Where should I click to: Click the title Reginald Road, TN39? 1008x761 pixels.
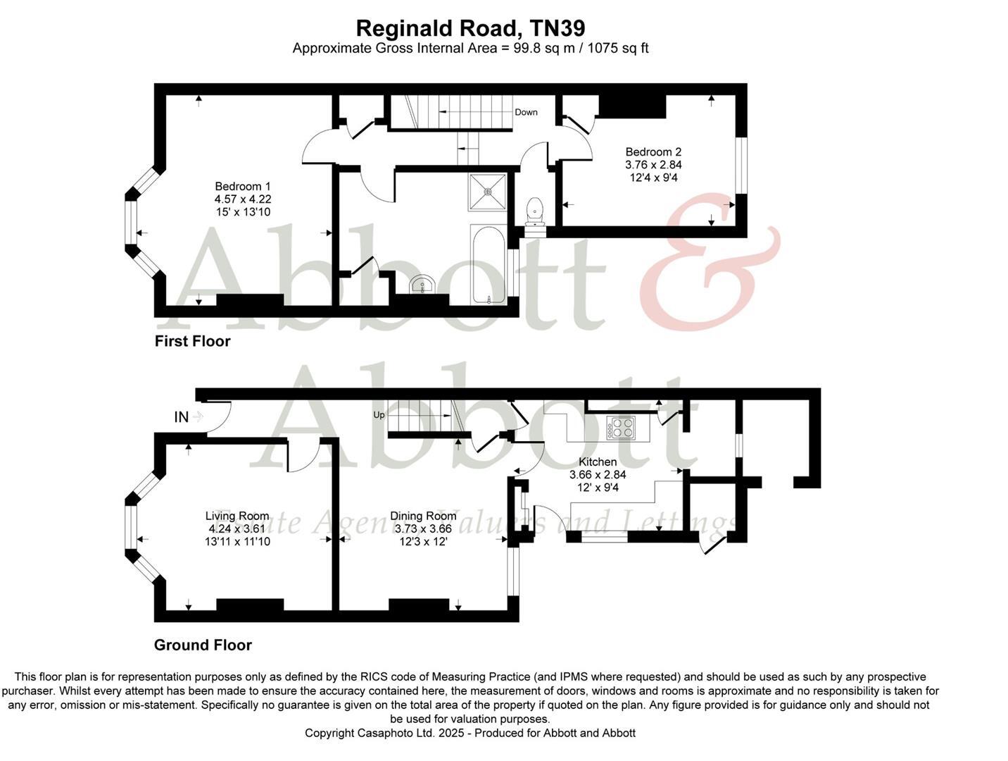click(x=470, y=28)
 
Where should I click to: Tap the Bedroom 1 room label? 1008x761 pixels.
click(x=243, y=187)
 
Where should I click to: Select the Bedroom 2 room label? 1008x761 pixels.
click(x=653, y=152)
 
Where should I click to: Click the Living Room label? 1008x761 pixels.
click(x=237, y=516)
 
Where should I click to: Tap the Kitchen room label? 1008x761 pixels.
click(x=597, y=462)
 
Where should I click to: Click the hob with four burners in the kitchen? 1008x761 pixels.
click(x=621, y=427)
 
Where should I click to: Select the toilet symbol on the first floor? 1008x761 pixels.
click(x=535, y=210)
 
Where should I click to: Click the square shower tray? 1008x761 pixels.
click(x=487, y=192)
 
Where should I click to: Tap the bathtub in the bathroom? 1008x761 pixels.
click(x=488, y=265)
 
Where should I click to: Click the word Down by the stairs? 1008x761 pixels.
click(x=526, y=112)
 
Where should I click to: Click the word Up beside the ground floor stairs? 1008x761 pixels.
click(x=379, y=415)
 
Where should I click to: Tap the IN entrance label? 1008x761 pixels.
click(x=182, y=417)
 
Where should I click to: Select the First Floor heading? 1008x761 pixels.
click(x=192, y=342)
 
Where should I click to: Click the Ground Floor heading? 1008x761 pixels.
click(x=203, y=645)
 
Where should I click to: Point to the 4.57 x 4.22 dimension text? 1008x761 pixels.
click(x=243, y=199)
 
